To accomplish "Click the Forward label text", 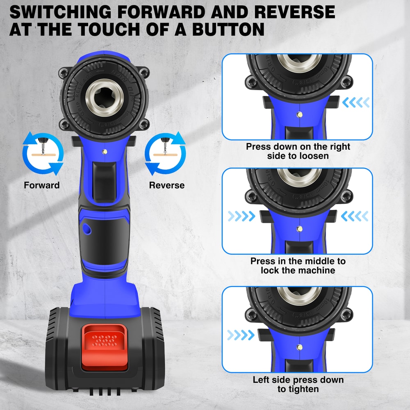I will tap(41, 185).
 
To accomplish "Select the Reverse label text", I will tap(167, 185).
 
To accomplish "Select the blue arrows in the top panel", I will tap(357, 102).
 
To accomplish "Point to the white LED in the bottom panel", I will tap(301, 347).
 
